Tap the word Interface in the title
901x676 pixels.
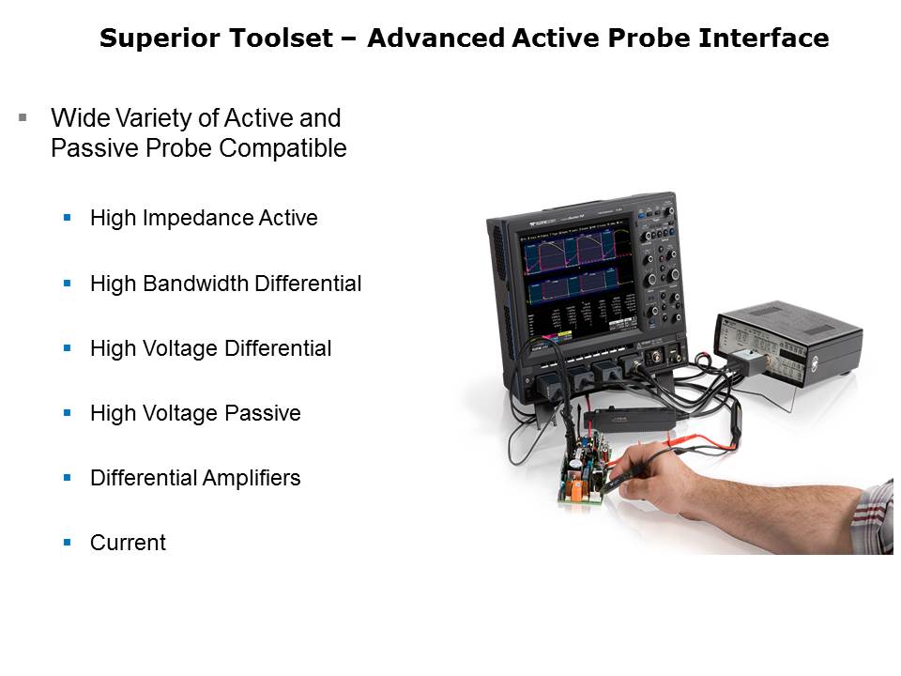[764, 38]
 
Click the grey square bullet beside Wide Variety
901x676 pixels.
[23, 118]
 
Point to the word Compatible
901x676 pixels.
[283, 148]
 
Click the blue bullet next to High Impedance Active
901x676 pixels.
[68, 218]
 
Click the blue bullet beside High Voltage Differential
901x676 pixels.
[68, 347]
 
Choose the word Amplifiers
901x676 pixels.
[252, 478]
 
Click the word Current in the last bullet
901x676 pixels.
[129, 543]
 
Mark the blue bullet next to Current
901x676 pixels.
[68, 542]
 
